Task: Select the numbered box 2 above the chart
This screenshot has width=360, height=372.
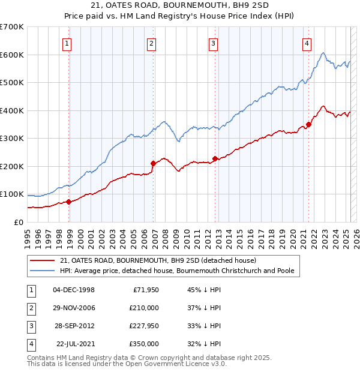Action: click(152, 43)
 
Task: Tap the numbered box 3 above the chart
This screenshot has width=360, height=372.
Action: click(214, 43)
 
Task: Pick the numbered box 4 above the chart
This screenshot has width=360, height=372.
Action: click(307, 43)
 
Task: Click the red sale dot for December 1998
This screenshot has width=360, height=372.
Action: click(69, 202)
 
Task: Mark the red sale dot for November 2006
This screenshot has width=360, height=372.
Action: click(154, 163)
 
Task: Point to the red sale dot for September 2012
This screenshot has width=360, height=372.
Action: click(215, 158)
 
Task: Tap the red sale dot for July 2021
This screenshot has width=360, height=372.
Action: click(308, 125)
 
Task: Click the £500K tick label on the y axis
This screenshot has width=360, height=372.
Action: click(11, 83)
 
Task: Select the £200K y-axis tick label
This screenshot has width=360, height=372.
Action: click(11, 166)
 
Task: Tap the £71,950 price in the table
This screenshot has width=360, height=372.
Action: click(144, 290)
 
